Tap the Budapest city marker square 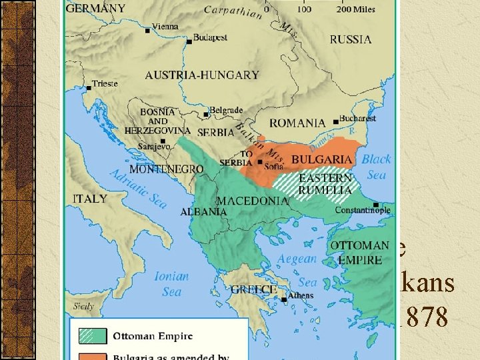click(x=189, y=41)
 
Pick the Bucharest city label click(x=357, y=118)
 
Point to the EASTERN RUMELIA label click(x=325, y=185)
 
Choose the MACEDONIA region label click(x=253, y=201)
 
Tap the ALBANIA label click(x=204, y=211)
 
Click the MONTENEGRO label click(x=167, y=169)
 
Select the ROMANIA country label click(x=297, y=123)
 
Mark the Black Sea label click(x=375, y=167)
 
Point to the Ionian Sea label click(x=171, y=283)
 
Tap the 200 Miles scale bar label click(x=355, y=9)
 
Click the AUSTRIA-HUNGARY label click(x=202, y=75)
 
